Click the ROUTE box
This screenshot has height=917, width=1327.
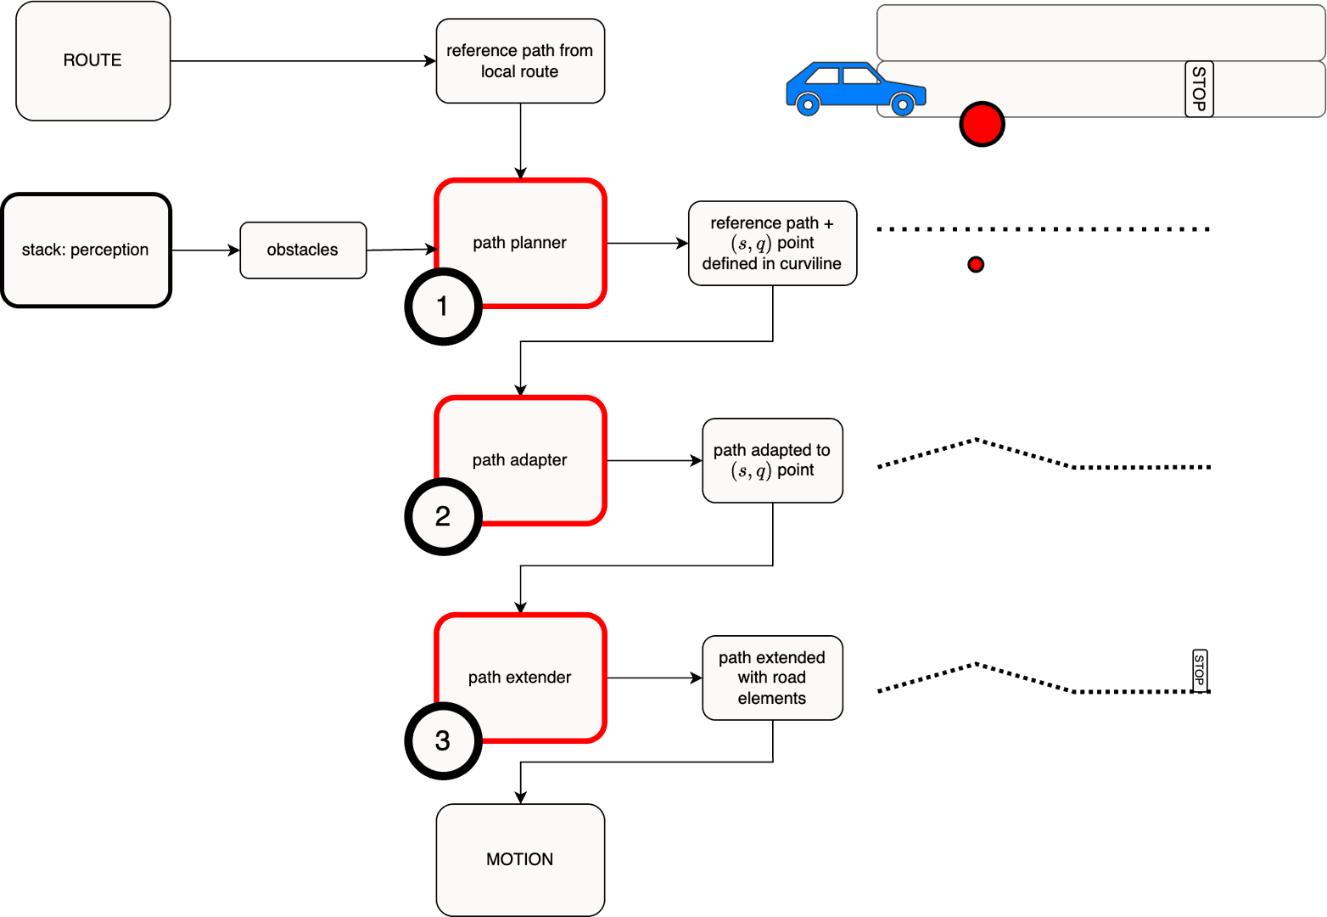pos(92,60)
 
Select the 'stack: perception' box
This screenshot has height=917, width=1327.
pos(86,250)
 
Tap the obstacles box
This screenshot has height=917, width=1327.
pos(303,250)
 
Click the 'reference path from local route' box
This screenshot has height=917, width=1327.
pos(520,61)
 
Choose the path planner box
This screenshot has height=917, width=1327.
pos(520,243)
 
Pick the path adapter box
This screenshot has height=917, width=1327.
pos(520,460)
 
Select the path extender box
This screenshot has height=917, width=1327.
pos(520,678)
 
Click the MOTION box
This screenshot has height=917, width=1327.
pos(520,859)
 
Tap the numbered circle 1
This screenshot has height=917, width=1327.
pos(443,307)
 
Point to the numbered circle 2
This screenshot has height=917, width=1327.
pos(443,516)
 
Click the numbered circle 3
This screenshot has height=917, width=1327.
pos(443,741)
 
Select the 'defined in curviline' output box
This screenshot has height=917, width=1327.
pos(772,243)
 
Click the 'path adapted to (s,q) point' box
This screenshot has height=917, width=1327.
pos(772,460)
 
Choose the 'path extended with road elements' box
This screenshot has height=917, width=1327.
pos(772,678)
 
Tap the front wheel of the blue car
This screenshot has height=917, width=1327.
pos(903,105)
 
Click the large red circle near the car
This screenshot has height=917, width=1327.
pos(982,124)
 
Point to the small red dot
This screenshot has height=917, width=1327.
pos(976,265)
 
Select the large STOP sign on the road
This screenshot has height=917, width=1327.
pos(1198,88)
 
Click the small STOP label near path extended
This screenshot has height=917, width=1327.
pos(1199,671)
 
